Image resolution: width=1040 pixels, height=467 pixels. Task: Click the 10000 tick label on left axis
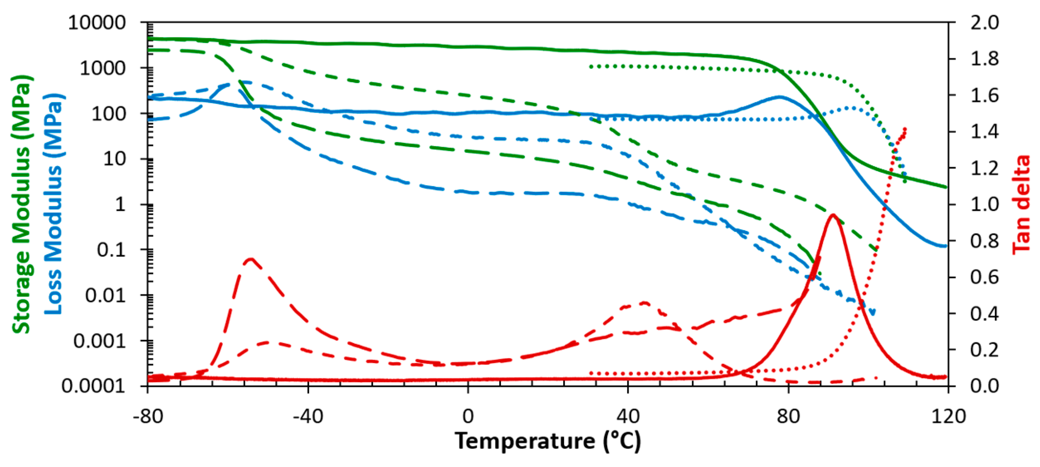(97, 23)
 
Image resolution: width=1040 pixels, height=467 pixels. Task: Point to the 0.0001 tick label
(93, 386)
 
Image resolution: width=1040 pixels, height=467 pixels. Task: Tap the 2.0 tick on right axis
(984, 23)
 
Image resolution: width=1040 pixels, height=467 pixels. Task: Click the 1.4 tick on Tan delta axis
(984, 132)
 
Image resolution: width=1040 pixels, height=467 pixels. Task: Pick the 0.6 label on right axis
(984, 277)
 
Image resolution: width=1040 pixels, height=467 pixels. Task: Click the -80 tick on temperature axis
(148, 416)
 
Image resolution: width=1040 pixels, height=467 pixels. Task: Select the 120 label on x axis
(948, 416)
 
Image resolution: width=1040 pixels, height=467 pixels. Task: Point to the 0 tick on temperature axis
(468, 416)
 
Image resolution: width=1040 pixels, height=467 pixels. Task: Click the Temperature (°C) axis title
(548, 441)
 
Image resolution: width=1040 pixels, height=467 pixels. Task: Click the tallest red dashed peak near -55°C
(250, 259)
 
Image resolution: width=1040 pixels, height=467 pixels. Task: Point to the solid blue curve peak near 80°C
(779, 97)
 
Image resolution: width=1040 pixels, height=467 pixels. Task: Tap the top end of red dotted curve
(905, 129)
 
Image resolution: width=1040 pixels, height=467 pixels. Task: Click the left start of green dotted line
(591, 66)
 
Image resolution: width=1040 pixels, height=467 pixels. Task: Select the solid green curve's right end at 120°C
(946, 187)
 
